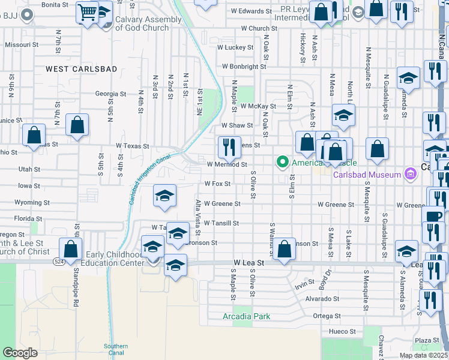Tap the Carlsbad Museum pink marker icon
coord(411,175)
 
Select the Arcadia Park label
coord(246,316)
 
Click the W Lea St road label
coord(249,263)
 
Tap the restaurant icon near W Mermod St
coord(229,146)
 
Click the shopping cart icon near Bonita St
coord(88,11)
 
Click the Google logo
coord(20,353)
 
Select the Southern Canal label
coord(115,350)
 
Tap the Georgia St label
coord(110,94)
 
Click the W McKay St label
coord(258,106)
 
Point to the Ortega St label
coord(327,316)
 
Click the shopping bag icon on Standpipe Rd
coord(71,250)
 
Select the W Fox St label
coord(217,184)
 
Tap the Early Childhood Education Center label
coord(114,259)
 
